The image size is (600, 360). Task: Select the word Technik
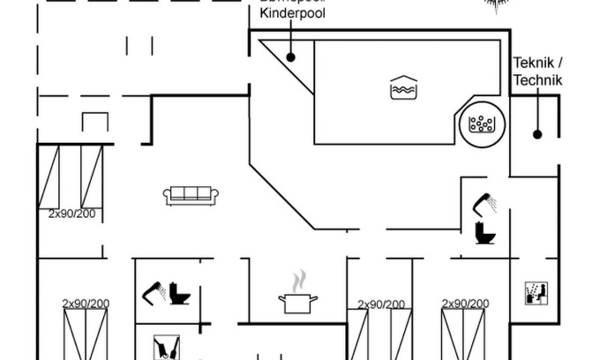537,79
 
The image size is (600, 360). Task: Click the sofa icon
191,195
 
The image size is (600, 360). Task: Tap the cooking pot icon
298,303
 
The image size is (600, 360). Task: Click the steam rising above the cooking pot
299,281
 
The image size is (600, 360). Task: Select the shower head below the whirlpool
484,204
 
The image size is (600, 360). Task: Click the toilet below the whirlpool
485,233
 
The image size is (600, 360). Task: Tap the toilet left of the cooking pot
181,293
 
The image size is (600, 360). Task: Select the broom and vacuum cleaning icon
166,346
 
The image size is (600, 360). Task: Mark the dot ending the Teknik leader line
536,134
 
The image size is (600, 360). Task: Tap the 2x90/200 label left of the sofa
72,214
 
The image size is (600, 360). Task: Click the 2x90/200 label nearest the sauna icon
466,304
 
